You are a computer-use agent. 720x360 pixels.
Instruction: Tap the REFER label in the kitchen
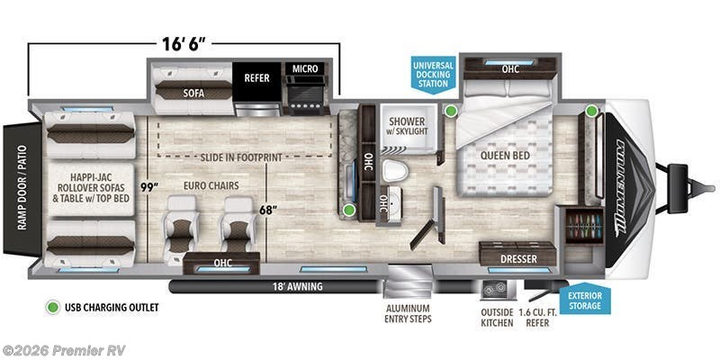(256, 78)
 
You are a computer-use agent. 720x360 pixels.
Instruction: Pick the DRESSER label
(519, 259)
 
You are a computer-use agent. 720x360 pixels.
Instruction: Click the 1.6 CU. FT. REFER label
(544, 316)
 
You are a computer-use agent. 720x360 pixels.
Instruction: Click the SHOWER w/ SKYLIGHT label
(409, 126)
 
